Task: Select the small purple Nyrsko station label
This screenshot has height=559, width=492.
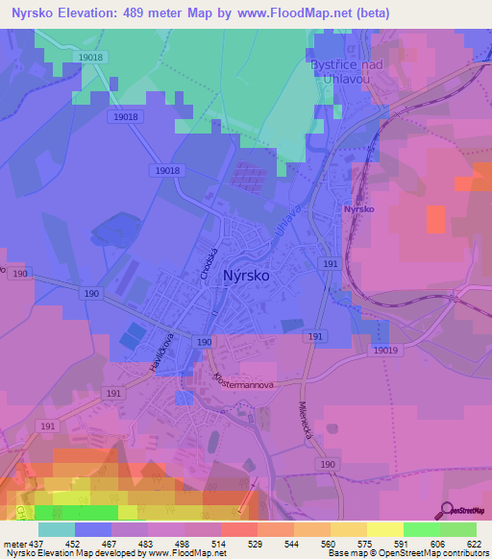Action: (x=359, y=208)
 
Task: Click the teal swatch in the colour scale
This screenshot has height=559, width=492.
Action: (x=57, y=529)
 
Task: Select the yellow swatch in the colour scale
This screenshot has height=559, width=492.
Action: (x=384, y=529)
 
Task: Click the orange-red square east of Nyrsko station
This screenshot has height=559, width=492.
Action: (x=436, y=219)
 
